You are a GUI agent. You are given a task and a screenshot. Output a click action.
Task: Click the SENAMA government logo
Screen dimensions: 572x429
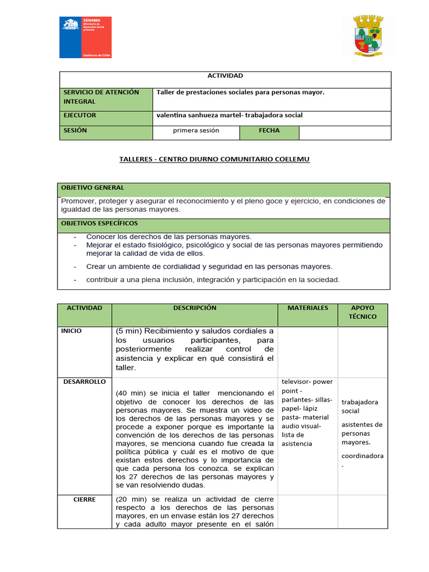[85, 37]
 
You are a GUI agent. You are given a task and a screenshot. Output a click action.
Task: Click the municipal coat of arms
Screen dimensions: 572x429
[368, 36]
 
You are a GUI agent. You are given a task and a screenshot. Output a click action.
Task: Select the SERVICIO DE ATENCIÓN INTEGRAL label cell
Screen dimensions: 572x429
[106, 97]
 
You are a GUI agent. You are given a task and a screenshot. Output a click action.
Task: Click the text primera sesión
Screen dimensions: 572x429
[196, 131]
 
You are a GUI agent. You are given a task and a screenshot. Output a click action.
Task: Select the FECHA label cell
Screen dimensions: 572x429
[269, 131]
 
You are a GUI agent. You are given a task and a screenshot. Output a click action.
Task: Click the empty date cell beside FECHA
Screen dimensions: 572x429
[345, 132]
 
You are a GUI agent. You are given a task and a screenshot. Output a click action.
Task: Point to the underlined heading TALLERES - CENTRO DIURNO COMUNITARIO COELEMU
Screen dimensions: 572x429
[214, 160]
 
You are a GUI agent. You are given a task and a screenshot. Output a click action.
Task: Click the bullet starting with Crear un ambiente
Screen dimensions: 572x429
[209, 266]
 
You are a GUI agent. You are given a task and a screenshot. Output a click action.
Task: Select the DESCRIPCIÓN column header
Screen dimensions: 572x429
[194, 308]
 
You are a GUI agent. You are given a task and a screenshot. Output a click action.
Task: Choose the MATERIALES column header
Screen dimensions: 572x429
[308, 308]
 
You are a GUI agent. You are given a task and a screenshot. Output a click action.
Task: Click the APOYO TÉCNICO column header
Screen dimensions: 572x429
[363, 312]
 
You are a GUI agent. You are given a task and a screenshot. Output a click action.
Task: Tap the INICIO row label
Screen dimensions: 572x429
[71, 331]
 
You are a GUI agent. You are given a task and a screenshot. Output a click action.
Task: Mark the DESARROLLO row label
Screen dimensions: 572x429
[84, 382]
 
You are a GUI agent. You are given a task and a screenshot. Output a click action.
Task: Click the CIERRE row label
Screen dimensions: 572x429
[84, 500]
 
